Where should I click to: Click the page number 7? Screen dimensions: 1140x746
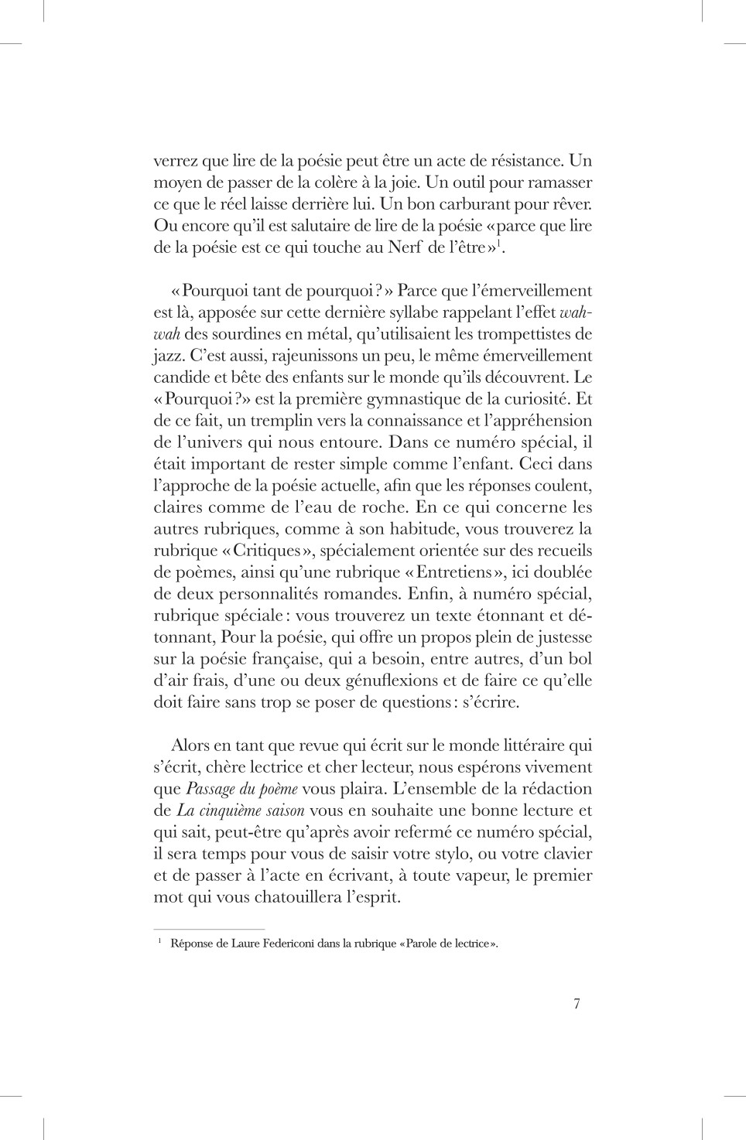(577, 1004)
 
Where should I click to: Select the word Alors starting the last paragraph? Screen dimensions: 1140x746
(190, 746)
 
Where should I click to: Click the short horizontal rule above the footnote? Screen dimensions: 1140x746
(209, 929)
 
